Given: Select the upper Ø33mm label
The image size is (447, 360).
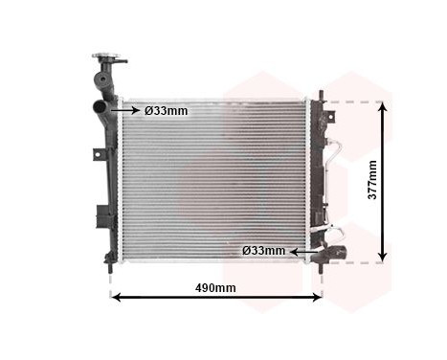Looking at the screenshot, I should (167, 110).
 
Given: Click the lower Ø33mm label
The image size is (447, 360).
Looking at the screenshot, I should (263, 251).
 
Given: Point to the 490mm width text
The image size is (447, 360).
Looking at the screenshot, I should (215, 287).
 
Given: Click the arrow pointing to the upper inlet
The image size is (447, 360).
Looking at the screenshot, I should (126, 110).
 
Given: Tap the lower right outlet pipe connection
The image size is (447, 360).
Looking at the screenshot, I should (330, 252).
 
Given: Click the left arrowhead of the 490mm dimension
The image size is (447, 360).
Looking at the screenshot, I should (117, 298).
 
